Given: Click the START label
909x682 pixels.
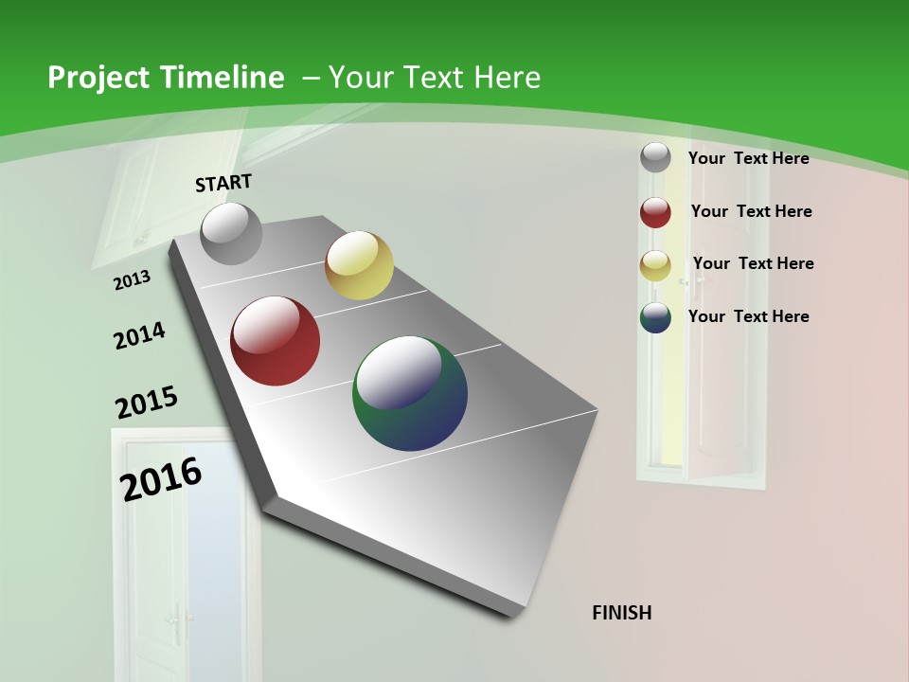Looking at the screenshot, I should pos(223,183).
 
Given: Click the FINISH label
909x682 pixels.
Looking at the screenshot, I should pos(621,613).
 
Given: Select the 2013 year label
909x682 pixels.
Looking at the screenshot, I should pos(132,280).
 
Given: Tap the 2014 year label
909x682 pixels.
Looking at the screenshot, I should pos(139,335).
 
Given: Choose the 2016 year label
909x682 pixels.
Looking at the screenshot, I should pos(161,479).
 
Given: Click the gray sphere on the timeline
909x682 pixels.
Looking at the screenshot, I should pos(231,234).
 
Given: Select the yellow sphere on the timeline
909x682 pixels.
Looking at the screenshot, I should pos(359,265).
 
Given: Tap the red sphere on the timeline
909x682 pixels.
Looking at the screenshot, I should pos(276,341).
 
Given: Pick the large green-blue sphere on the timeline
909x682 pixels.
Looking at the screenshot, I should pos(410,393).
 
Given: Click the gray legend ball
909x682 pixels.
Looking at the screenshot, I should pos(655,157).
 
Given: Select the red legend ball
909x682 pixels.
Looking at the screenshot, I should pos(655,212).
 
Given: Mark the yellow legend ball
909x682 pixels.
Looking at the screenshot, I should pos(655,265).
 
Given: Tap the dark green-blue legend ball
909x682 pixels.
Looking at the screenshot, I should pos(655,317).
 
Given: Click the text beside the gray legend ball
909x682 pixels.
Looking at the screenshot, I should pos(748,158).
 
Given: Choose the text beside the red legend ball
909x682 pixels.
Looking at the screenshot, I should pos(751,211).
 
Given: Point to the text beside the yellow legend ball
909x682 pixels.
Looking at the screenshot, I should pos(753,263).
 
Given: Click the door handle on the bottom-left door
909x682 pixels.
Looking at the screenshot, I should pos(175,620).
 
